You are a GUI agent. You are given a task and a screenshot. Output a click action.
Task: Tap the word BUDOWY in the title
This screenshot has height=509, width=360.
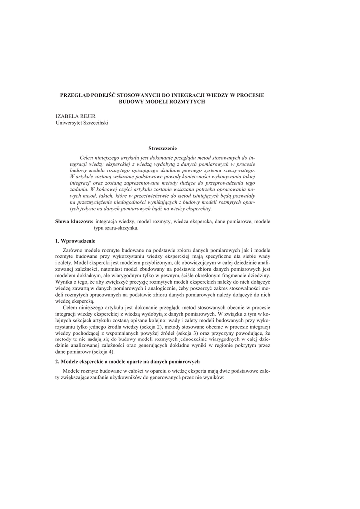pos(131,101)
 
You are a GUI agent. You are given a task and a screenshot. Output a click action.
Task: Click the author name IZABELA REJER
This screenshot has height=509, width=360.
pos(75,116)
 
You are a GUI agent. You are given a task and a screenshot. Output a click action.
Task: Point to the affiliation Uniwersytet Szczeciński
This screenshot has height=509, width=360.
pos(82,122)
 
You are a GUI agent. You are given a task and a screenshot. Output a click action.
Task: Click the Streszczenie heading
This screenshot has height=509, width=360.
pos(162,148)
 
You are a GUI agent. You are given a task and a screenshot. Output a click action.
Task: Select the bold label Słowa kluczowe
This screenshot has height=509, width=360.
pos(74,221)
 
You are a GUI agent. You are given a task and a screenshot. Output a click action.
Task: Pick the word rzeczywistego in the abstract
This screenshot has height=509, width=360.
pos(237,170)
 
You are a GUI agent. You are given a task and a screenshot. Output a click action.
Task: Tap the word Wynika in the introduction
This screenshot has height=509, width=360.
pos(64,282)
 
